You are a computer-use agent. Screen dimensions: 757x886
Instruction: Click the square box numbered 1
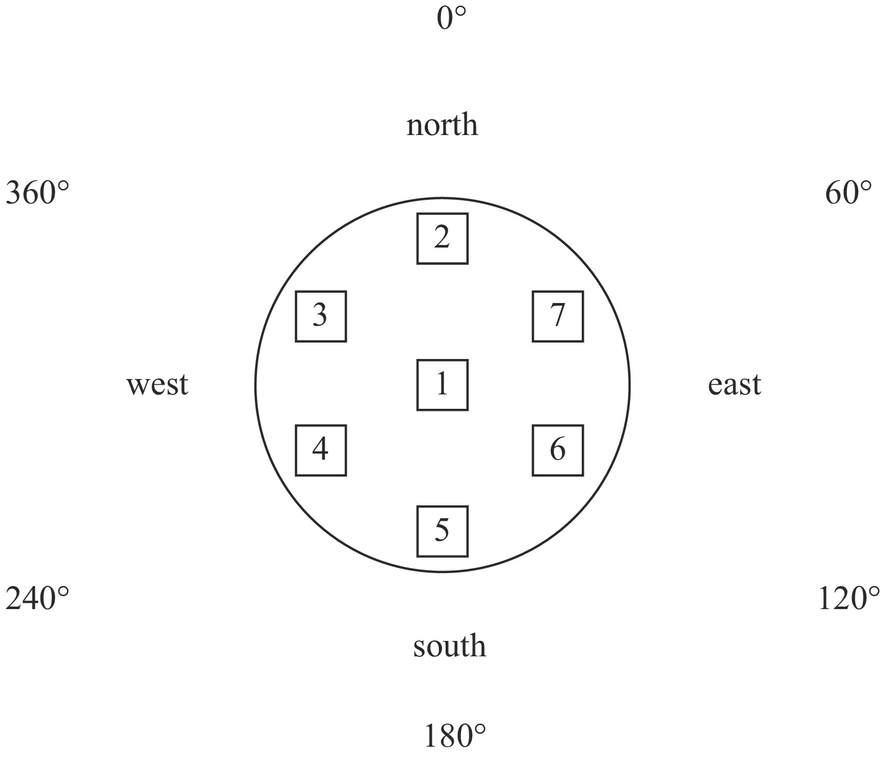coord(442,385)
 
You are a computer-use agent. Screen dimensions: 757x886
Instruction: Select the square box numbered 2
coord(442,238)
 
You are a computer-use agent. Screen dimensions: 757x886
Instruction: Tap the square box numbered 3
coord(321,316)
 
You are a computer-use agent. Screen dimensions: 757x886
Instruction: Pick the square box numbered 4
coord(321,450)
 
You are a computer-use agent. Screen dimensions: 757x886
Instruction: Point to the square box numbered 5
coord(442,531)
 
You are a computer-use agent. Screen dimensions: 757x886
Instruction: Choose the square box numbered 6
coord(558,450)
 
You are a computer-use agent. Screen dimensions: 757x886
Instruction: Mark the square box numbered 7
coord(558,316)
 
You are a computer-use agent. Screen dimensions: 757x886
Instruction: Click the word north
coord(442,125)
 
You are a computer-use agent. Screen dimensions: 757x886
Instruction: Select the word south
coord(449,646)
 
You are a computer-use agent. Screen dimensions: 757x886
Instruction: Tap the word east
coord(734,385)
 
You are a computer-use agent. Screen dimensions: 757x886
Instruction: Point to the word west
coord(157,385)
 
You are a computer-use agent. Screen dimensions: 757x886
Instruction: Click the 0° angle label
coord(451,18)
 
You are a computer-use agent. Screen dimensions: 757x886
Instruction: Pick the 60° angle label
coord(848,194)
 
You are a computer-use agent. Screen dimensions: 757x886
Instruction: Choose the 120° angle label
coord(848,599)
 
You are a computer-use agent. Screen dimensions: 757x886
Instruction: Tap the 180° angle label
coord(454,735)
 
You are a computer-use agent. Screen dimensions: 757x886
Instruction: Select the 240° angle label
coord(37,599)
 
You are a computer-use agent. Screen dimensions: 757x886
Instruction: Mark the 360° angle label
coord(37,194)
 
